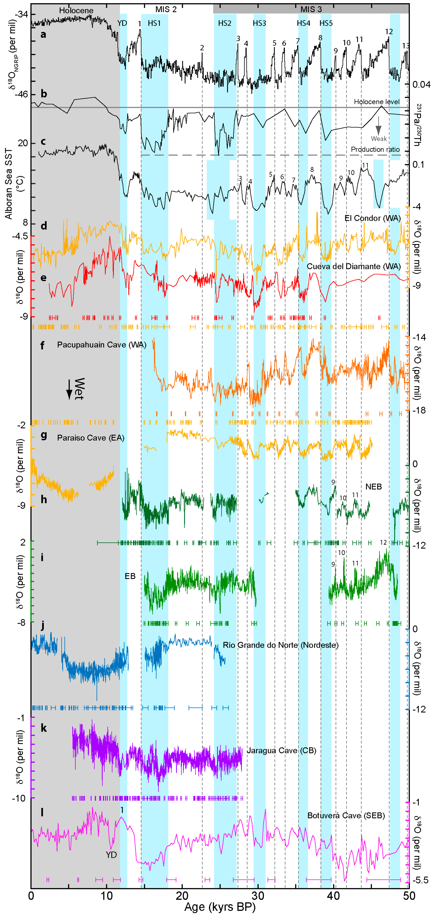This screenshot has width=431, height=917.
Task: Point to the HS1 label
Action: (x=154, y=23)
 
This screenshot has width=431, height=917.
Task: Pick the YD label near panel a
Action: (x=122, y=23)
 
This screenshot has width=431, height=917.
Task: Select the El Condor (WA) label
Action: (x=372, y=218)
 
